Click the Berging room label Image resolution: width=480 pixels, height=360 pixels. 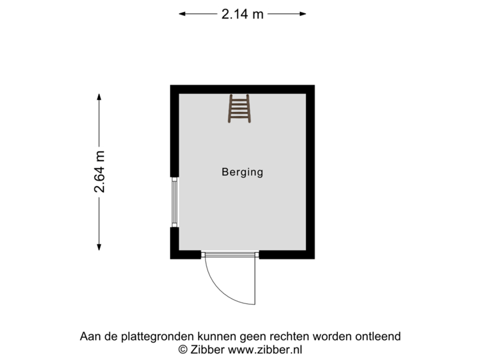point(242,172)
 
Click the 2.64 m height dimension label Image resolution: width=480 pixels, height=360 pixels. point(99,171)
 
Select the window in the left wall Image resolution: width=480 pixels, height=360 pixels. point(173,202)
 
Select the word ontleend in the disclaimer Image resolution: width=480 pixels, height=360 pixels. point(379,337)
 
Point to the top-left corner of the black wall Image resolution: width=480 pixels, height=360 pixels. point(171,85)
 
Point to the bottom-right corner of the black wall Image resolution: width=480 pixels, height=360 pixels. point(314,258)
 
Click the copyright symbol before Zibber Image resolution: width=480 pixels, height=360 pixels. point(181,349)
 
